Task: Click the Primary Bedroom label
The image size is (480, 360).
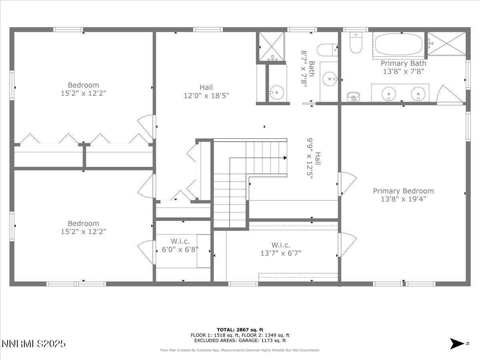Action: (x=403, y=191)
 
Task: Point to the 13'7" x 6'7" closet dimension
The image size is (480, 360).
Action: (x=281, y=253)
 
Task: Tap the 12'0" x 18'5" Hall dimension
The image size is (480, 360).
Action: (x=206, y=95)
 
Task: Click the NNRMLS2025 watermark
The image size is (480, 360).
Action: (x=34, y=344)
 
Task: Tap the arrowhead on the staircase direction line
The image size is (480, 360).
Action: (x=285, y=158)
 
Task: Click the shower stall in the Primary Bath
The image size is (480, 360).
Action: (x=447, y=44)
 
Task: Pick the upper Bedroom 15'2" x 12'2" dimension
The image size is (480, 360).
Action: (x=83, y=93)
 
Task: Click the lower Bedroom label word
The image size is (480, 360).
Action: (x=83, y=223)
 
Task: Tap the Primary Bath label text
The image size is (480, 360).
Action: (x=403, y=63)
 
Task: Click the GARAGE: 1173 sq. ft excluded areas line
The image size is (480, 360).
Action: (x=240, y=340)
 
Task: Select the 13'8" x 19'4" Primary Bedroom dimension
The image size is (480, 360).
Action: (x=403, y=199)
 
